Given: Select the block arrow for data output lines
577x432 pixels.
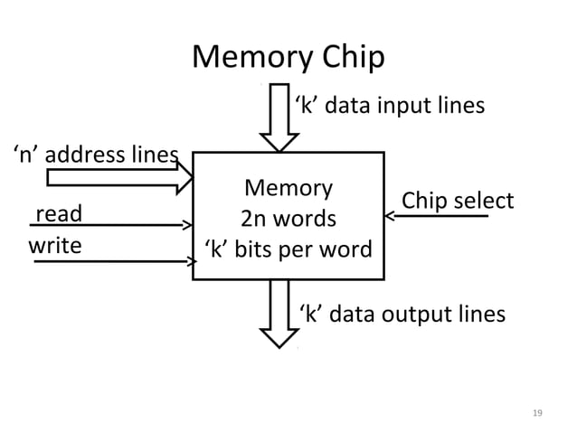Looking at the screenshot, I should click(278, 313).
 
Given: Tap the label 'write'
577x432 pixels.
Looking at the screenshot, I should click(55, 246).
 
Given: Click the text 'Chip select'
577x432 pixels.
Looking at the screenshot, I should click(457, 200).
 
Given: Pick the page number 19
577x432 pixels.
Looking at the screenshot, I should click(537, 412).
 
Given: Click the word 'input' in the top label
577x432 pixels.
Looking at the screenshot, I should click(393, 107).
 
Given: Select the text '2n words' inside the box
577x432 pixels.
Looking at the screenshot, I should click(288, 219).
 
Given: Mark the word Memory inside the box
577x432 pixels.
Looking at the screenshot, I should click(288, 188).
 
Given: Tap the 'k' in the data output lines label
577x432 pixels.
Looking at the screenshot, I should click(310, 315).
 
